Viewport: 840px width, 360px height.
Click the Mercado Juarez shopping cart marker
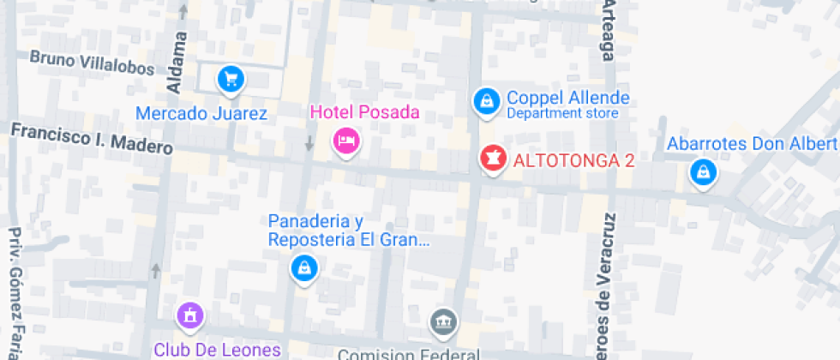pos(231,80)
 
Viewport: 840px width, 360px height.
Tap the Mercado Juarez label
pos(202,113)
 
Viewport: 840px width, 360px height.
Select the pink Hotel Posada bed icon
pos(345,141)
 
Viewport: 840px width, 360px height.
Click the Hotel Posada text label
pos(364,111)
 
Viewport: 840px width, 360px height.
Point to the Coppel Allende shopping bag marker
pos(487,101)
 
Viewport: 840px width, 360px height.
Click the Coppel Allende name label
pos(568,98)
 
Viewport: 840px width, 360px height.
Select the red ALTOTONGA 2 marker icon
pos(492,158)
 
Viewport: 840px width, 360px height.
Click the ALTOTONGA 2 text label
pos(573,159)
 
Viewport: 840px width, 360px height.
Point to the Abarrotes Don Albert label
pos(753,143)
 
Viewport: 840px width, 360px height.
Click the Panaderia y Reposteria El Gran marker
pos(304,269)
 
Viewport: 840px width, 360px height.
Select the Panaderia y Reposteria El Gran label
pos(348,231)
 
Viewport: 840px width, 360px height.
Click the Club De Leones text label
pos(218,349)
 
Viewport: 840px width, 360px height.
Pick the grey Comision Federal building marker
pos(443,322)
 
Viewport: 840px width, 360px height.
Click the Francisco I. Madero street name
pos(92,139)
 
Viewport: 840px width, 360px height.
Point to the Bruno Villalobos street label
pos(92,63)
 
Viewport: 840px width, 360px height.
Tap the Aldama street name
pos(177,63)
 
